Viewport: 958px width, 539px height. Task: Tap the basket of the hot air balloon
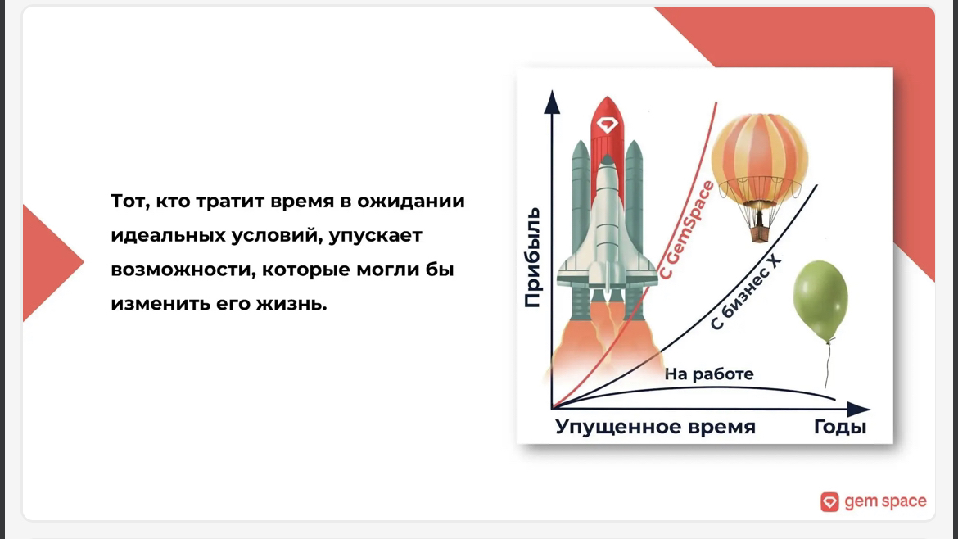[x=759, y=233]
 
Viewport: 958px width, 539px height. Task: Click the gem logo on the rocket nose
[x=608, y=125]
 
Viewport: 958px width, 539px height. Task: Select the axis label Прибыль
[x=533, y=257]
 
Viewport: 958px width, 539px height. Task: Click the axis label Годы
[x=840, y=427]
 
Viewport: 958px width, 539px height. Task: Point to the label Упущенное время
[x=655, y=427]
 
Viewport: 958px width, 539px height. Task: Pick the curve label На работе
[x=709, y=374]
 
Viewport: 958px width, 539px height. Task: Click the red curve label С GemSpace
[x=686, y=230]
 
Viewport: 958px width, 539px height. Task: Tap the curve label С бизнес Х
[x=745, y=292]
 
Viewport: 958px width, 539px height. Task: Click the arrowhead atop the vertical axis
[x=552, y=102]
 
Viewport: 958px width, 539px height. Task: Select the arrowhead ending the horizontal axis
[x=858, y=409]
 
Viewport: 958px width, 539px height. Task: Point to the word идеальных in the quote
[x=167, y=235]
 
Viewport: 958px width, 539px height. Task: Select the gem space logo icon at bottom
[x=829, y=501]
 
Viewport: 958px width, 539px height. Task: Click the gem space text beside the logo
[x=885, y=501]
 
